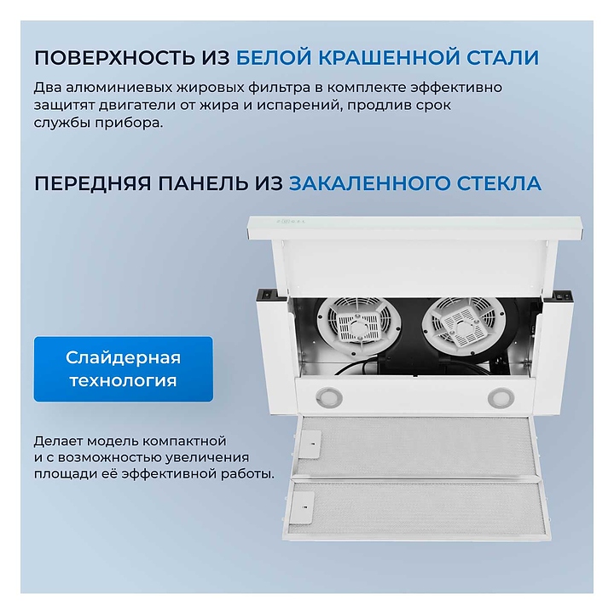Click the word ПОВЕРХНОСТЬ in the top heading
point(115,58)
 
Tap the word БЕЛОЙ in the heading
point(274,58)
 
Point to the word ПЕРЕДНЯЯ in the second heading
point(93,183)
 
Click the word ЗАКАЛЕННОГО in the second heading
point(369,183)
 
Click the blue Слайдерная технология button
point(124,369)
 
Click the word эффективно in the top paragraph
point(456,87)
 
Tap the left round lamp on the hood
point(329,397)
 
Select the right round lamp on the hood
point(501,397)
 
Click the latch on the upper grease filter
point(310,445)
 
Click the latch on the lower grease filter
point(304,507)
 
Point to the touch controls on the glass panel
point(291,222)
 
